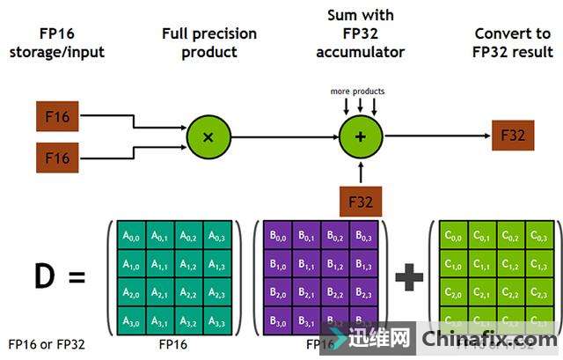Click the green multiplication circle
coord(208,136)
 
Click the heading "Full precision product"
coord(208,43)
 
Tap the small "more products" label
coord(357,92)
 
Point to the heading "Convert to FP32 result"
coord(511,43)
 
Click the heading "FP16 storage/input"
coord(56,43)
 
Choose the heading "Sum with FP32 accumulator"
coord(360,34)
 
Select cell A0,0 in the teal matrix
coord(131,235)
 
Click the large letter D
coord(44,277)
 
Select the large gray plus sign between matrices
coord(407,278)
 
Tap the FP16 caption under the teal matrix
coord(172,344)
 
